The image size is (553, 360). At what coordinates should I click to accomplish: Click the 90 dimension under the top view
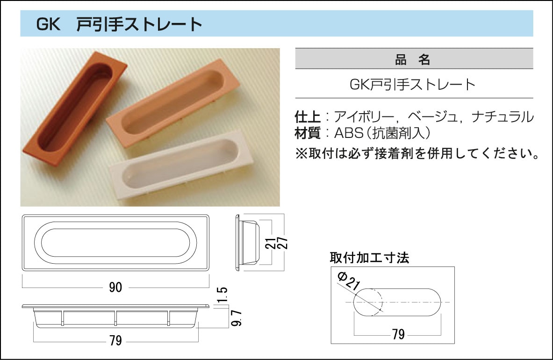[115, 288]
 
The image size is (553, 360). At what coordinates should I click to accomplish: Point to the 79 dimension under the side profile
[115, 341]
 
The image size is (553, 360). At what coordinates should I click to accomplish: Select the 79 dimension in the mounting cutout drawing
[398, 334]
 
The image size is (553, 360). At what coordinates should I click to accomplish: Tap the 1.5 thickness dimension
[222, 295]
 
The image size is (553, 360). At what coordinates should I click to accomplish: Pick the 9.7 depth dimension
[236, 318]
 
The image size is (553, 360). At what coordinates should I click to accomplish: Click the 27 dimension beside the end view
[282, 243]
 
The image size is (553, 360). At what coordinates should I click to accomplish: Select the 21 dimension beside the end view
[270, 243]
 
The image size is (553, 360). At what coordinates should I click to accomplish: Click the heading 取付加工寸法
[369, 258]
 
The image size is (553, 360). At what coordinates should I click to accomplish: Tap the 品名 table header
[413, 59]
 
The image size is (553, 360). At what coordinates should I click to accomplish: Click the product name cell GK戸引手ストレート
[413, 85]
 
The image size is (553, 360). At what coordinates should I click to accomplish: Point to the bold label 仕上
[308, 117]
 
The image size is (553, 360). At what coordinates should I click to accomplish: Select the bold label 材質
[308, 133]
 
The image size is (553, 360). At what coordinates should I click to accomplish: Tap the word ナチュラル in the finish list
[503, 117]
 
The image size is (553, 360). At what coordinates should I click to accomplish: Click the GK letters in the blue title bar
[49, 24]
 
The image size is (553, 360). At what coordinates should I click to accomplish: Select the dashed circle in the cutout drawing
[368, 302]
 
